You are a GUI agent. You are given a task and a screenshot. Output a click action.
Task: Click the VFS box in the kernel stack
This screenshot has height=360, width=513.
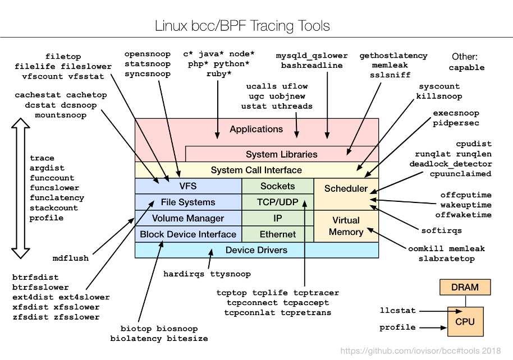pos(187,186)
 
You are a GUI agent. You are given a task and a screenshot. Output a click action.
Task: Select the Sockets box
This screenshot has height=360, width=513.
pos(277,186)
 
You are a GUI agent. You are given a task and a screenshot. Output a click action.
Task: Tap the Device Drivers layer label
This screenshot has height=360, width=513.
pos(256,250)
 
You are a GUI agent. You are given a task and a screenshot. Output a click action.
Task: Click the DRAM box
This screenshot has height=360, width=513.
pos(465,288)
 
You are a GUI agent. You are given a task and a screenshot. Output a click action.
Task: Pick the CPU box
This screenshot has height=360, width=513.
pos(465,322)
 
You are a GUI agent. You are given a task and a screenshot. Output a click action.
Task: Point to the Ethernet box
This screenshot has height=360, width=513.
pos(277,234)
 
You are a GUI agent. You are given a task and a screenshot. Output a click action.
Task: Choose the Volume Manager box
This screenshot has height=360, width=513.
pos(187,218)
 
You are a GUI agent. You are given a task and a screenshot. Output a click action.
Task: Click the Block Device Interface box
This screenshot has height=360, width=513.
pos(187,234)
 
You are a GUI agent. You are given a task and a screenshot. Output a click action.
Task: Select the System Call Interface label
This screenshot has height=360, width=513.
pos(256,170)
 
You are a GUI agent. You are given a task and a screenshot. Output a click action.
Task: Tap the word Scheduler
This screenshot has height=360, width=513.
pos(346,188)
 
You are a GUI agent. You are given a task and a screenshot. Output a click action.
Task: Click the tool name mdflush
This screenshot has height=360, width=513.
pos(71,259)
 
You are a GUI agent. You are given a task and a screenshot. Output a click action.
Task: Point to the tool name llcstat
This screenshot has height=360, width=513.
pos(397,310)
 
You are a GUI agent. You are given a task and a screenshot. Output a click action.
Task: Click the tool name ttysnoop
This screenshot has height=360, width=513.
pos(230,274)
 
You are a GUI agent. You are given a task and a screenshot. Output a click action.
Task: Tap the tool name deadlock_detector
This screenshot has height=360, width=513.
pos(451,164)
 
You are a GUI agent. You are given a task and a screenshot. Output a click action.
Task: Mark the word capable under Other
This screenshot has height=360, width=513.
pos(466,67)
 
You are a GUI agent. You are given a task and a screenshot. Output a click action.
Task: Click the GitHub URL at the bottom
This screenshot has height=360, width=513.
pos(421,350)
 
